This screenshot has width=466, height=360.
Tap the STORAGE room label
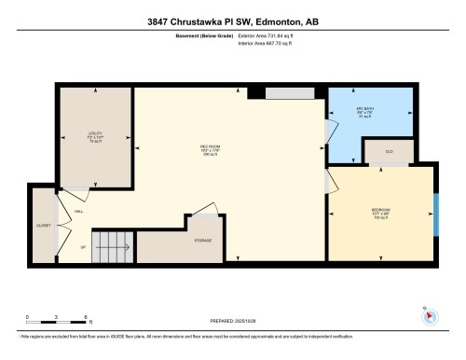pos(202,241)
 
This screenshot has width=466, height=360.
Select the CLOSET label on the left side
pos(44,225)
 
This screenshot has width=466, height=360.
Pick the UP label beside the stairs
pos(83,247)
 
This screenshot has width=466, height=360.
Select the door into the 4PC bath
pos(326,132)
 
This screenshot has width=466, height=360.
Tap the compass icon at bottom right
pos(430,314)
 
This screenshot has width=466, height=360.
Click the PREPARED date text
pos(233,322)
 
